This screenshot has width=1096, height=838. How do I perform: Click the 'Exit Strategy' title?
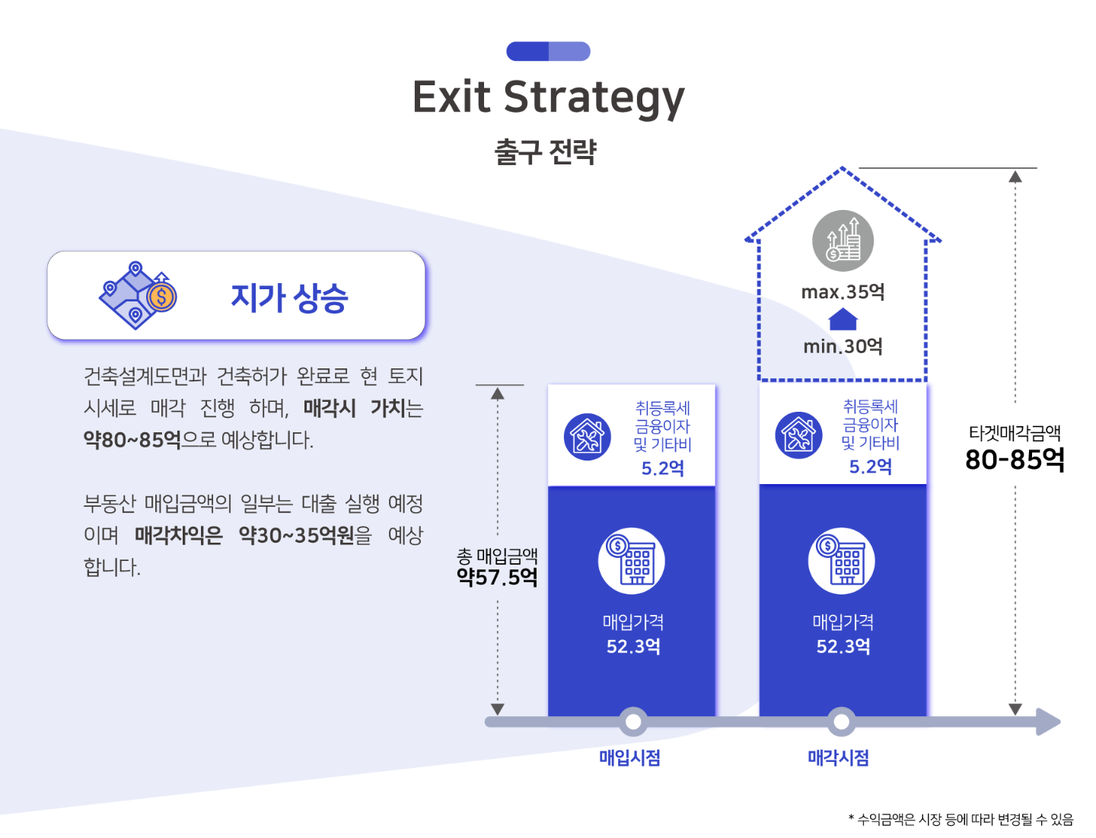(548, 98)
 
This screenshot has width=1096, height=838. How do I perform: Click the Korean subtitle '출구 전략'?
(545, 151)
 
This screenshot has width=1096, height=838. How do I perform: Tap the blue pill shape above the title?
(548, 51)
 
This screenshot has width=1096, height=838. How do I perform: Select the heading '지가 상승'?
(289, 298)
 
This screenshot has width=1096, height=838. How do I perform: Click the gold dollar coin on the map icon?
(161, 297)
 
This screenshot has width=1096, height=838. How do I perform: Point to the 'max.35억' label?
(843, 292)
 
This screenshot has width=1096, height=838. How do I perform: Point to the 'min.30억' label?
(843, 346)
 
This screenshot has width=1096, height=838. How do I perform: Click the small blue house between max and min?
(843, 319)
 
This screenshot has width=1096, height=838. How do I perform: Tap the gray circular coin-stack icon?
(843, 241)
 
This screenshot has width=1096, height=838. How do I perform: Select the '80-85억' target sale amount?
(1015, 459)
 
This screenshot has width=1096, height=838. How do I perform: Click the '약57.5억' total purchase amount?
(497, 577)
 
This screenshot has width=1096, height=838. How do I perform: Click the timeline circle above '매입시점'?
(633, 722)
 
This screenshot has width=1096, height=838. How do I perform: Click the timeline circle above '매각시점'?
(841, 722)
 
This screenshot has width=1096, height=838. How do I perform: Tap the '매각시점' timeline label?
(838, 757)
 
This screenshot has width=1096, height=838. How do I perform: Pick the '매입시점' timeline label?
(629, 757)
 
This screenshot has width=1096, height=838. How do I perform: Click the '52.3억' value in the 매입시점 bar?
(633, 646)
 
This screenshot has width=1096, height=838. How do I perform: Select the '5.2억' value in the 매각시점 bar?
(870, 467)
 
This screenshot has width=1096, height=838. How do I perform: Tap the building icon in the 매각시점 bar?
(841, 560)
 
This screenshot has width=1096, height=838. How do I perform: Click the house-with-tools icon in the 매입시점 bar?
(587, 437)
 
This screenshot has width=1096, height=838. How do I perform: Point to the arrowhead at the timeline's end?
(1049, 722)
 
